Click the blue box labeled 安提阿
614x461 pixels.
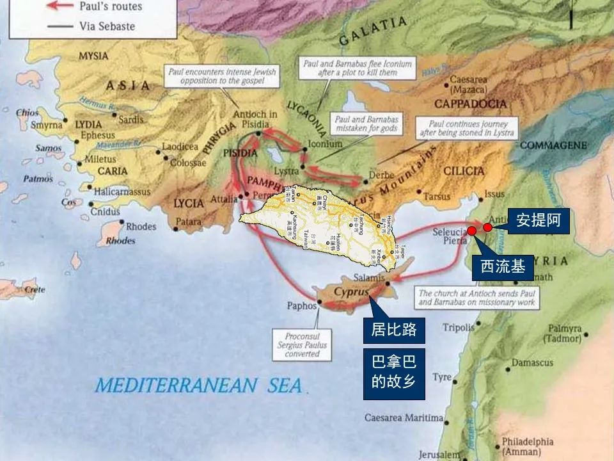[539, 221]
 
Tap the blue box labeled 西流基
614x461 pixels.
[503, 267]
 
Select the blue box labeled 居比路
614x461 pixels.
[394, 330]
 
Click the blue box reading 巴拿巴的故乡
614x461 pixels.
[394, 374]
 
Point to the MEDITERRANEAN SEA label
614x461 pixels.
[198, 385]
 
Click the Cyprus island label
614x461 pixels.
[352, 292]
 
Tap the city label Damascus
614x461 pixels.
[531, 362]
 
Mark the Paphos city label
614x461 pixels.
[301, 306]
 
